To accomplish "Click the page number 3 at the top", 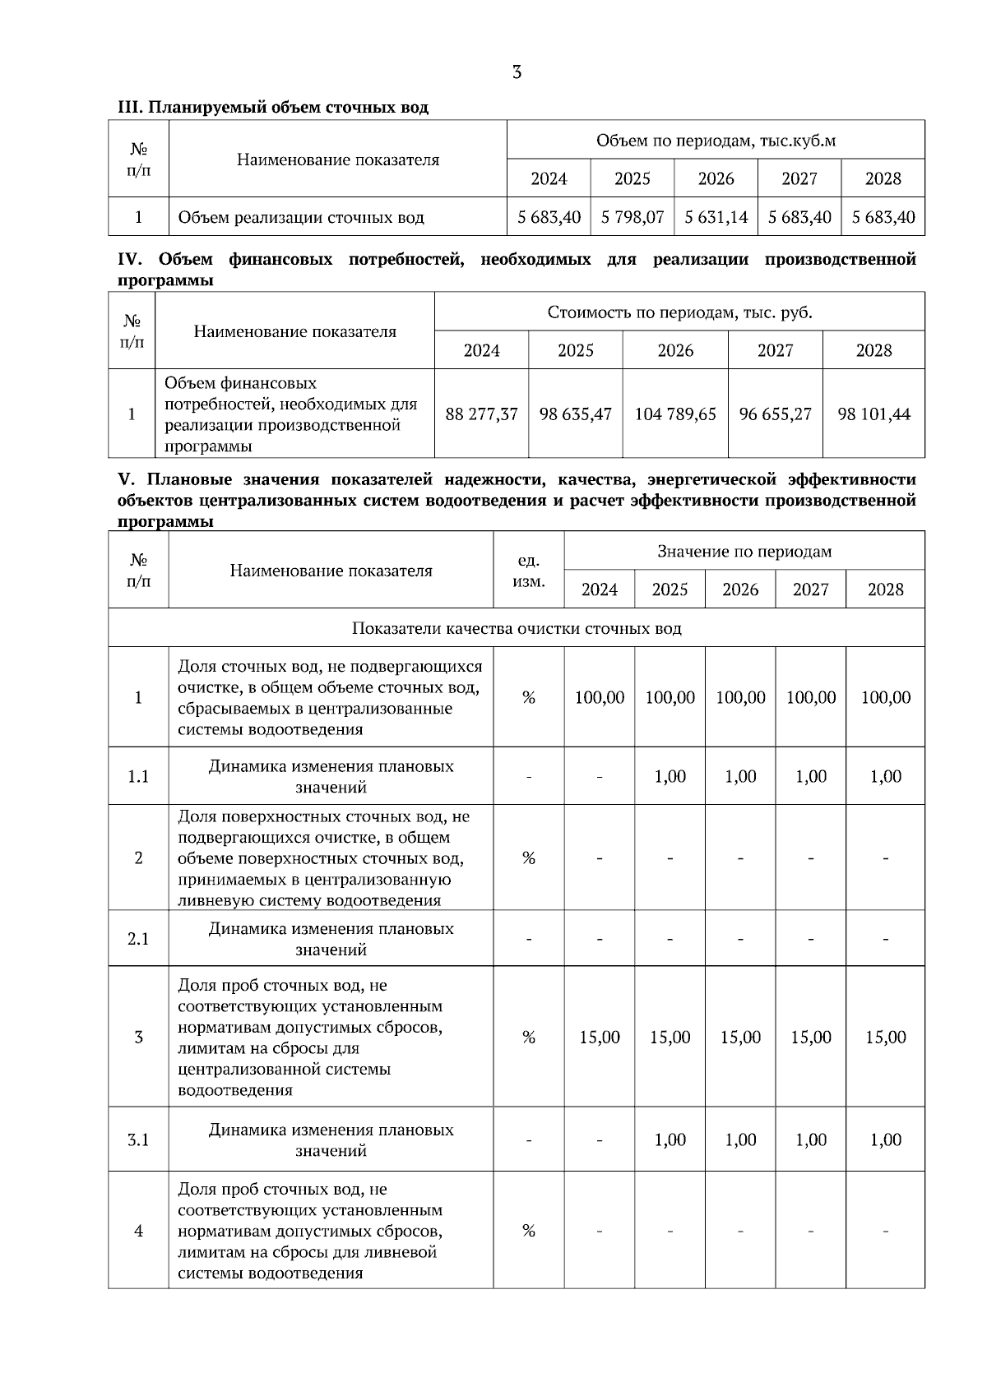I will tap(517, 72).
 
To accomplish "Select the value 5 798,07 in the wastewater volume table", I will tap(633, 217).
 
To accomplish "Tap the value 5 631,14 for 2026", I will tap(716, 217).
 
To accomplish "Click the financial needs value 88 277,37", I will tap(481, 414).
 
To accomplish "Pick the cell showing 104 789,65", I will tap(675, 414).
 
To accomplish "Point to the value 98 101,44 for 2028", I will tap(873, 414).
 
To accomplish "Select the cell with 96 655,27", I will tap(775, 414).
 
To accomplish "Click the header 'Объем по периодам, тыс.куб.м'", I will tap(716, 141).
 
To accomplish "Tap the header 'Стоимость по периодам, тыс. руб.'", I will tap(679, 312).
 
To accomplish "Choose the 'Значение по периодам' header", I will tap(744, 551).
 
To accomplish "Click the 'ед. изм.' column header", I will tap(528, 571).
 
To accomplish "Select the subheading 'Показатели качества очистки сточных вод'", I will tap(517, 628).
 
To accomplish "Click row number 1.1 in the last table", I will tap(138, 776).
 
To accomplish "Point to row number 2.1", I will tap(138, 938).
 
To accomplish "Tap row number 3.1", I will tap(138, 1139).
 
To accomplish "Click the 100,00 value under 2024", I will tap(600, 697).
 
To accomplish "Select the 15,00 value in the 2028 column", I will tap(885, 1037).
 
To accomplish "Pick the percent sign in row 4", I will tap(528, 1231).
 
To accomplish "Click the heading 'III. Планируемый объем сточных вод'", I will tap(273, 107).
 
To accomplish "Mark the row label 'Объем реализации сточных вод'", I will tap(301, 217).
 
